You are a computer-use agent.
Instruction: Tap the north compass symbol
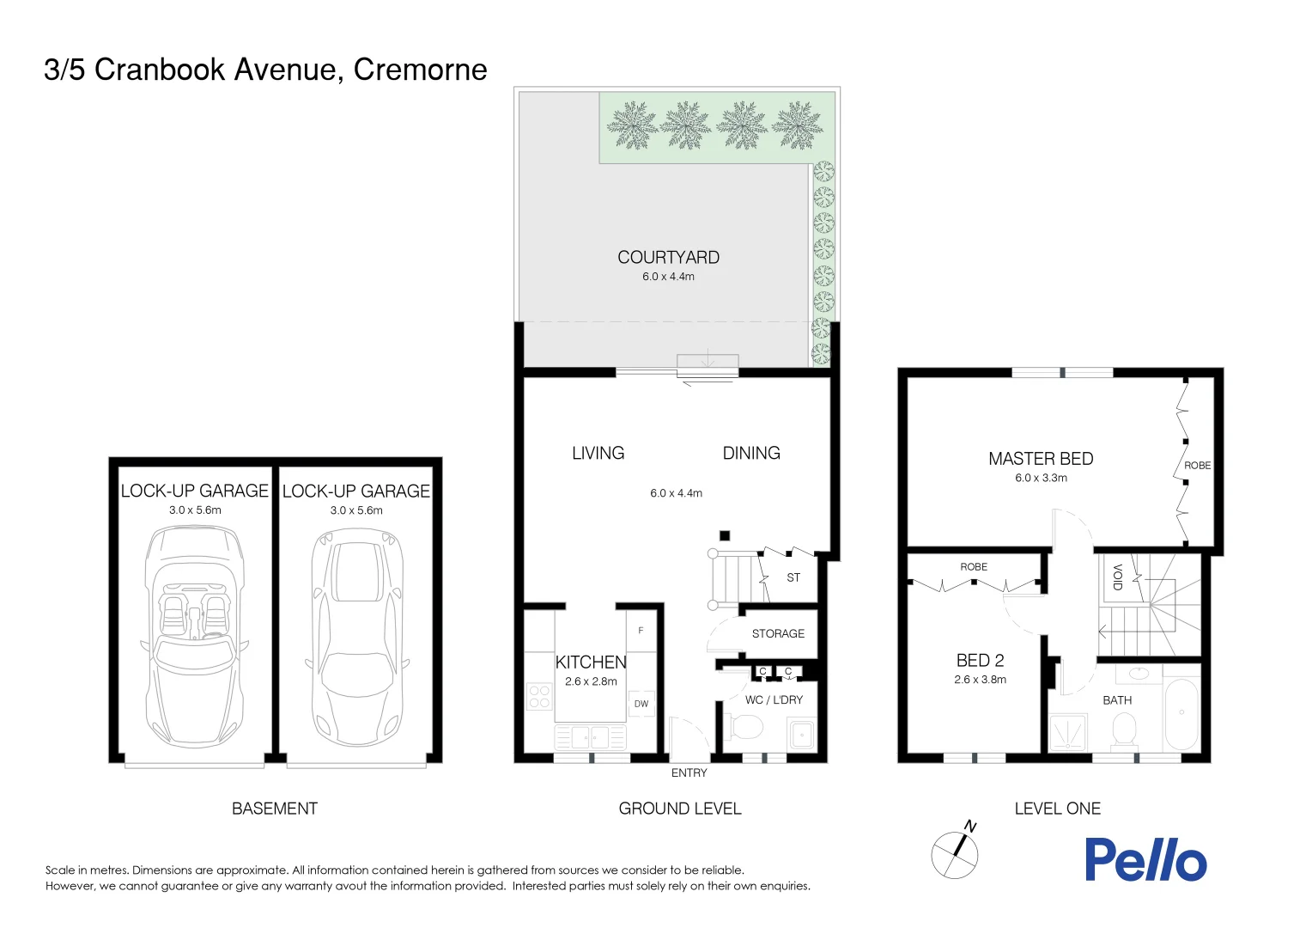[956, 853]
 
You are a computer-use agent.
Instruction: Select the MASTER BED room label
[1041, 459]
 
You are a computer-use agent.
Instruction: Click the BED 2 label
[980, 660]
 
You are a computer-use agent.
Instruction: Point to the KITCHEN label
[591, 662]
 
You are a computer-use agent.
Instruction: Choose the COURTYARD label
[668, 258]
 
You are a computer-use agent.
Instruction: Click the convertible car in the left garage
[194, 636]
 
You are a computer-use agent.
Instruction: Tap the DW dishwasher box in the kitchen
[641, 704]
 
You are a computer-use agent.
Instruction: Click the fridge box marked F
[641, 631]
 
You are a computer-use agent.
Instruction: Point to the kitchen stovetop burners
[539, 696]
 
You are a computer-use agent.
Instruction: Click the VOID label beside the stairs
[1117, 577]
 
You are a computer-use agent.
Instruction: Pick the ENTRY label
[689, 773]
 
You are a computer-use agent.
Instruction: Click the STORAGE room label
[778, 633]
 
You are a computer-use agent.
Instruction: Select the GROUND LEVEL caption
[679, 809]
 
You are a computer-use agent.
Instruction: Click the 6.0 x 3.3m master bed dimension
[1041, 479]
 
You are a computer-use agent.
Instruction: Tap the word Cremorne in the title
[420, 70]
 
